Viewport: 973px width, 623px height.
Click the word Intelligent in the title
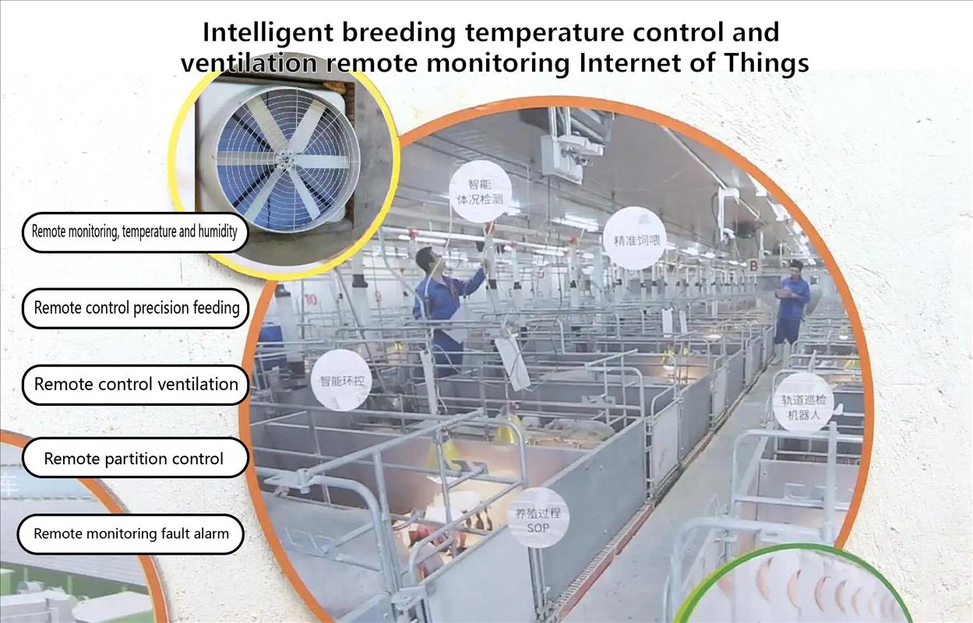268,33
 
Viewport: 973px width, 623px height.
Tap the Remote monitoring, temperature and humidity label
135,232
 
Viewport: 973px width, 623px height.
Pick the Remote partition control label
135,458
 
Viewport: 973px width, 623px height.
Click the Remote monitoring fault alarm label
131,534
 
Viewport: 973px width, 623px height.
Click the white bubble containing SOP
538,517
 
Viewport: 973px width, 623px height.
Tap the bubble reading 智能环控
341,380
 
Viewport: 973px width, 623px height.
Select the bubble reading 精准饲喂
635,238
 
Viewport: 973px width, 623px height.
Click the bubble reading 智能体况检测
481,192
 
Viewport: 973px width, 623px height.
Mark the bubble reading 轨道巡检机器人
804,403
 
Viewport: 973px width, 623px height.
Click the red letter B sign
753,266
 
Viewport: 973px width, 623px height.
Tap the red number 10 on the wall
311,300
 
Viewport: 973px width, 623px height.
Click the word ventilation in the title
249,63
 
